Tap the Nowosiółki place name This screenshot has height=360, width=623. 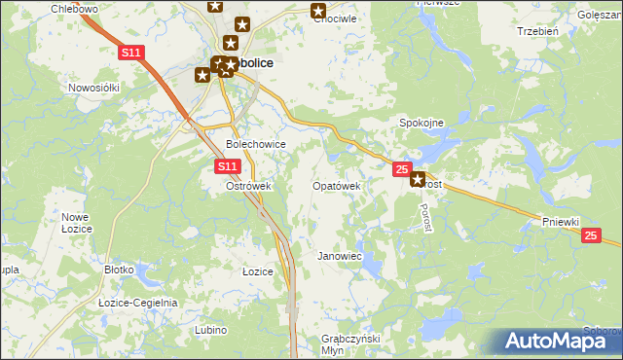(93, 87)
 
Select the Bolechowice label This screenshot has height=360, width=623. (255, 144)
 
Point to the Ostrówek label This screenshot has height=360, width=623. (247, 186)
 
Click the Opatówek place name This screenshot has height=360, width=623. (337, 185)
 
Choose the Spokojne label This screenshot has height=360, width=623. (421, 123)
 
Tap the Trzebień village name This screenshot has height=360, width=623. (537, 31)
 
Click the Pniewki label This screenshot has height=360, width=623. (562, 222)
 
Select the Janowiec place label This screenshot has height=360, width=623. (340, 256)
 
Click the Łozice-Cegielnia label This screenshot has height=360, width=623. (138, 303)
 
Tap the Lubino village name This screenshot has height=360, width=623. (210, 331)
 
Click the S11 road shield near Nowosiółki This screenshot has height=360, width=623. (132, 53)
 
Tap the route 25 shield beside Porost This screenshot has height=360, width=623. (402, 170)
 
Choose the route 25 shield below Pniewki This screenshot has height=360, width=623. (591, 236)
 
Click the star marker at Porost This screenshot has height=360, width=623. (419, 179)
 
